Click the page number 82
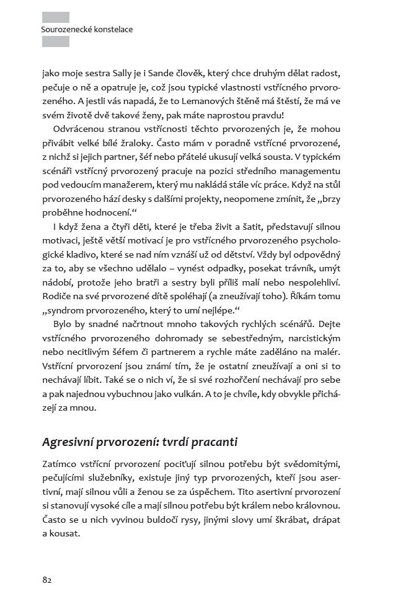tap(47, 580)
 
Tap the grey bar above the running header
tap(55, 17)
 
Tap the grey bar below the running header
tap(55, 41)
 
